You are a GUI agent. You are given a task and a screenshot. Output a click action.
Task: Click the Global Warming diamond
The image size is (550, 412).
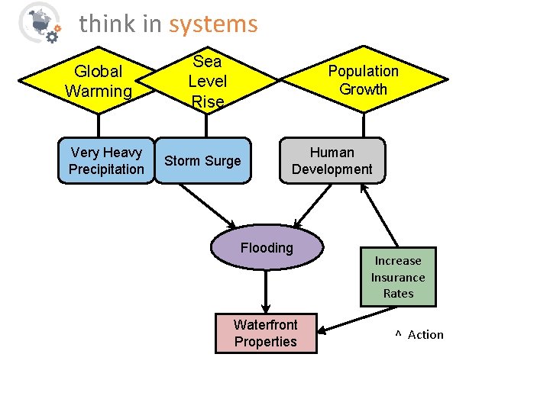98,81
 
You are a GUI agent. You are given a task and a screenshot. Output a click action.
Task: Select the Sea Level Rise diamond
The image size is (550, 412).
208,79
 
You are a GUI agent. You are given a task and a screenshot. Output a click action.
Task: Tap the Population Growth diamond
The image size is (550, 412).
364,79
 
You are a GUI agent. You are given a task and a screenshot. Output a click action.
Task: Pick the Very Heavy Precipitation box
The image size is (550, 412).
106,161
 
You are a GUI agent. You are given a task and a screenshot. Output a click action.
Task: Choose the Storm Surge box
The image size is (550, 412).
202,161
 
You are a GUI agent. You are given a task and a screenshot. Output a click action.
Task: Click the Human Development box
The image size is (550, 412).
332,161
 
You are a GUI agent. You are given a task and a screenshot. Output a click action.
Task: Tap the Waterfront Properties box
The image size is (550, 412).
266,333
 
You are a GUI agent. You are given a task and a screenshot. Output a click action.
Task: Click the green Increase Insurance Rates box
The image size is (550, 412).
398,277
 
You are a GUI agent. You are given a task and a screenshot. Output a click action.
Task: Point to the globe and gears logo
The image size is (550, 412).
38,22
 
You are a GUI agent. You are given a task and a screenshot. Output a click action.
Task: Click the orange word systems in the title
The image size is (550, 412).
213,24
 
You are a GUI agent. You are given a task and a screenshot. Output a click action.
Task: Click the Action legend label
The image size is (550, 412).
425,335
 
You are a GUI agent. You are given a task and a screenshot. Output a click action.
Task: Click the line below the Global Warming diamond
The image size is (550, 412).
98,124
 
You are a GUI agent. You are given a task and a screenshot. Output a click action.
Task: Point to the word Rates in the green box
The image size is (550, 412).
398,294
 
